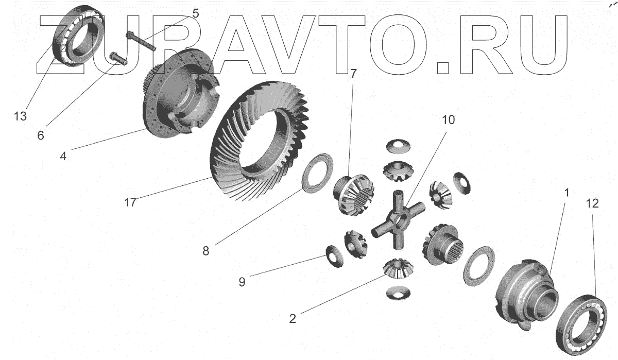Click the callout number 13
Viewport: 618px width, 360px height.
coord(20,116)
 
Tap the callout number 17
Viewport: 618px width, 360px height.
coord(130,202)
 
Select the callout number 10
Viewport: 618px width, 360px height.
coord(448,120)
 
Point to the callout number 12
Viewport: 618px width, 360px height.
coord(592,204)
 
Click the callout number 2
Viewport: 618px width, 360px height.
coord(293,319)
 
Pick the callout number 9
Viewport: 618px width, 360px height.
coord(242,282)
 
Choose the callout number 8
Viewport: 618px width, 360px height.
coord(205,251)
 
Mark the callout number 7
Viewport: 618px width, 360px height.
coord(353,74)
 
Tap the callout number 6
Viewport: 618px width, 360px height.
coord(41,135)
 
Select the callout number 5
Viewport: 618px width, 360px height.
coord(195,13)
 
